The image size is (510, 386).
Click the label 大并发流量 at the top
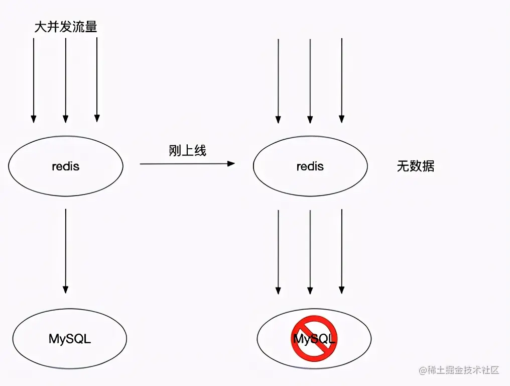pos(65,27)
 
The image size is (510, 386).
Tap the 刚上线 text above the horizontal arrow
pos(187,150)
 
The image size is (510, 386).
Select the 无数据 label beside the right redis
pos(415,166)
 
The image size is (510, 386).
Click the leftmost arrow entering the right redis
pos(278,80)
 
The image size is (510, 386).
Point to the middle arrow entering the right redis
pos(310,80)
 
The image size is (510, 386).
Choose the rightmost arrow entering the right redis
pos(341,80)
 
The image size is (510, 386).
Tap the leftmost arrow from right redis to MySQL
pos(278,251)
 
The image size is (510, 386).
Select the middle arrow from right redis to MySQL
pos(310,251)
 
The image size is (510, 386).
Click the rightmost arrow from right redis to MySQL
pos(341,251)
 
